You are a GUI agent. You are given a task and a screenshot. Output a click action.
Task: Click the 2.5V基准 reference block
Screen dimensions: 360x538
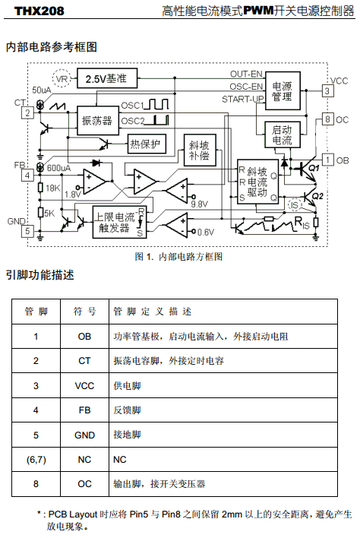[107, 78]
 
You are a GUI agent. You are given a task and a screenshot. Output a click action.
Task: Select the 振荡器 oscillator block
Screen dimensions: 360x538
[98, 120]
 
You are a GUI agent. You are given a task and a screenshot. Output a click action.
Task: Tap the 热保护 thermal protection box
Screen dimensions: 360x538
[147, 144]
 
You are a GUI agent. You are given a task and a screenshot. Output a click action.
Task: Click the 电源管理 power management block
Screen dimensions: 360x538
[283, 91]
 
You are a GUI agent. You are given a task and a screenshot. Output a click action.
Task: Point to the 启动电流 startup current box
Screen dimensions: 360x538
[283, 134]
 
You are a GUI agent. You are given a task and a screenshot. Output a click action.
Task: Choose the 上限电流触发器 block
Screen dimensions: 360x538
[119, 222]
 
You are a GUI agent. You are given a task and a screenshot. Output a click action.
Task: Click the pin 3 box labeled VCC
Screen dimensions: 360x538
[327, 91]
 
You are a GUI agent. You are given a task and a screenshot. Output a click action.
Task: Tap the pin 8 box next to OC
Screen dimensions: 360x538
[327, 119]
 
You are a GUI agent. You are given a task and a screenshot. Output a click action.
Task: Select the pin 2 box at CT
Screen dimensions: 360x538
[27, 113]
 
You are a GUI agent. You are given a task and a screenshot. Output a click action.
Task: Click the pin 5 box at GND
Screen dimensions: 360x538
[27, 231]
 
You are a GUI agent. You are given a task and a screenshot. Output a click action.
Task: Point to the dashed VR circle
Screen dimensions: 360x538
[62, 78]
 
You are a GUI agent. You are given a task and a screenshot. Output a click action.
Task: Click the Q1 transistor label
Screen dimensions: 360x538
[314, 168]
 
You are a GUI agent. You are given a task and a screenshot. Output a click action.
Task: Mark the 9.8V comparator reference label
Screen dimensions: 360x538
[200, 204]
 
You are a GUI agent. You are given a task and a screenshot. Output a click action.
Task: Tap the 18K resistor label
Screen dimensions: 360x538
[53, 188]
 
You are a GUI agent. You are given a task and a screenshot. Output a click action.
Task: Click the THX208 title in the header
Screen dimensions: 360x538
[39, 11]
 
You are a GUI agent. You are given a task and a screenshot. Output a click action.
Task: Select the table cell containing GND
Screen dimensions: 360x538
[84, 435]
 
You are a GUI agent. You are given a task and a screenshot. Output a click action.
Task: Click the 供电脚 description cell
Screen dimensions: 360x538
[223, 386]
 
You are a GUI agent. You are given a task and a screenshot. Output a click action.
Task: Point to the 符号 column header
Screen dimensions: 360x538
[84, 312]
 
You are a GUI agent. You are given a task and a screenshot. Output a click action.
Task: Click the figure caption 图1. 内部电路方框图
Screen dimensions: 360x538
[178, 256]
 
